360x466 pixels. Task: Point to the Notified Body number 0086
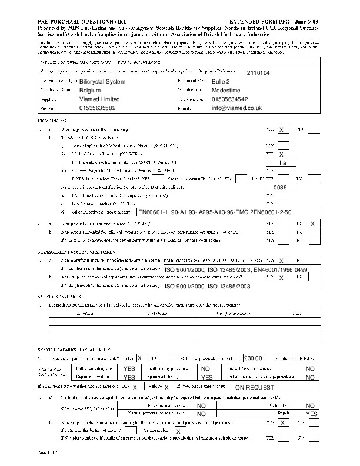(x=280, y=187)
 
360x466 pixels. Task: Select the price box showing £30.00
(x=255, y=358)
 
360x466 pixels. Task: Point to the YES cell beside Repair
(x=311, y=414)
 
